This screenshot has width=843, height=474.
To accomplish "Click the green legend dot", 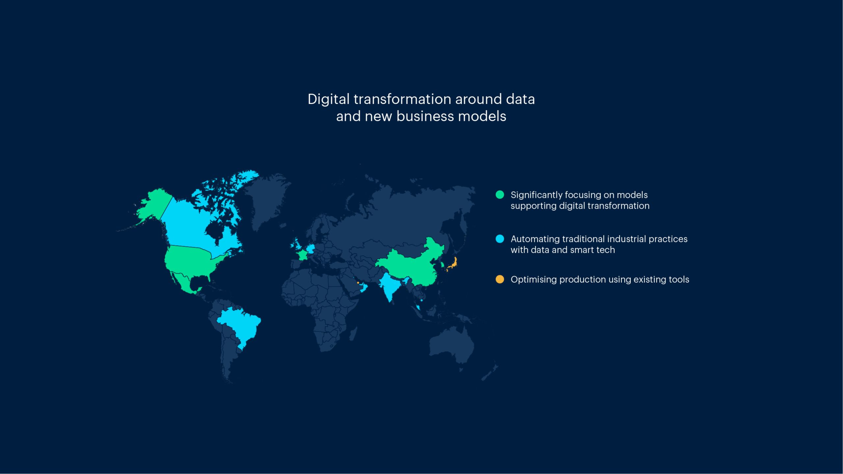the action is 500,195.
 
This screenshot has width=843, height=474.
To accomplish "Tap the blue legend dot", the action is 500,239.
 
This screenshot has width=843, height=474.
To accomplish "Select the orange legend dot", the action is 500,279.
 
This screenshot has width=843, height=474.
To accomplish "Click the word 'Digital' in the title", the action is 328,99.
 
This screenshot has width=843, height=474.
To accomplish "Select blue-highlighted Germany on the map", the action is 311,249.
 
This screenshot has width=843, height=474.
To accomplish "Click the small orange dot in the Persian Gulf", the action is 358,283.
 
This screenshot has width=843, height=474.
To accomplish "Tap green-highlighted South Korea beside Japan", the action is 442,264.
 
